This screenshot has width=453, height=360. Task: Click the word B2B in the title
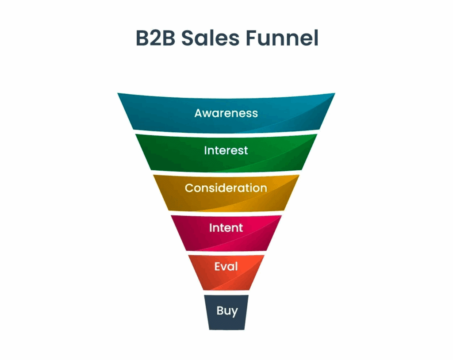click(155, 38)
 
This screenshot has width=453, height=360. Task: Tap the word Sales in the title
click(211, 38)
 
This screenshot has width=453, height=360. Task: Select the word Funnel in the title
click(282, 38)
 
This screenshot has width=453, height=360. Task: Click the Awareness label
click(226, 113)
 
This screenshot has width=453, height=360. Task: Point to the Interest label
click(226, 150)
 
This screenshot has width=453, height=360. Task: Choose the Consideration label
click(226, 188)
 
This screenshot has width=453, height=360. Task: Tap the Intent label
click(226, 228)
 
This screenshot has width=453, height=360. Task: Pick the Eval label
click(226, 266)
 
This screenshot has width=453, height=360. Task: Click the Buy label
click(227, 311)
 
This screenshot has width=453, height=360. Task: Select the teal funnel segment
click(226, 113)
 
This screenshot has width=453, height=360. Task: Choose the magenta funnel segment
click(226, 233)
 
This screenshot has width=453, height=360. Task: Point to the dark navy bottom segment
click(226, 312)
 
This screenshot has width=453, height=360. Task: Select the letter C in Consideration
click(189, 188)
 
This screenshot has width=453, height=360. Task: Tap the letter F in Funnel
click(252, 38)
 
